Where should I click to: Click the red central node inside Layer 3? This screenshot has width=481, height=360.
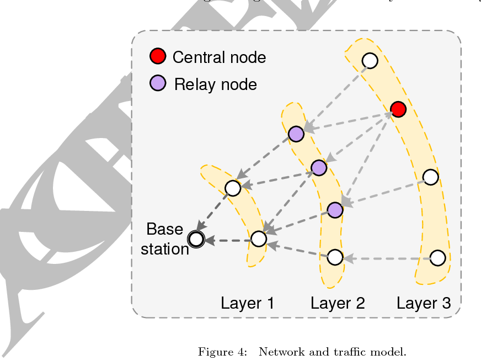click(x=398, y=109)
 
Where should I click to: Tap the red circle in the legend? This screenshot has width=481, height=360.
click(x=158, y=56)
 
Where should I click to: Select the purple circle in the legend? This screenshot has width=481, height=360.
click(x=158, y=83)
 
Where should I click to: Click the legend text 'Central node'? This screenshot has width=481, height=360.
click(x=219, y=57)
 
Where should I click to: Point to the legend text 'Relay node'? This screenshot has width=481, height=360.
click(x=215, y=84)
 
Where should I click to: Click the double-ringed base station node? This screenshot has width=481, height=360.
click(x=195, y=239)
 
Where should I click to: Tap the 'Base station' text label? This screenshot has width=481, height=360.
click(x=164, y=239)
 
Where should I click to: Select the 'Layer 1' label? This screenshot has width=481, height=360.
click(x=247, y=303)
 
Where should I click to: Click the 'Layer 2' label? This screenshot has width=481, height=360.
click(x=338, y=303)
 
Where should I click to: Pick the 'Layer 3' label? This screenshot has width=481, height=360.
click(x=424, y=303)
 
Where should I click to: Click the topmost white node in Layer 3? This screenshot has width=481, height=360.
click(x=370, y=60)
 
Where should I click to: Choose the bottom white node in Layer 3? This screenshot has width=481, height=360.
click(x=437, y=258)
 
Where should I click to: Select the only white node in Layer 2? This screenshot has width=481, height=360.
click(x=335, y=257)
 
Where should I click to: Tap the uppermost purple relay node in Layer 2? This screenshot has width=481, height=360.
click(x=296, y=134)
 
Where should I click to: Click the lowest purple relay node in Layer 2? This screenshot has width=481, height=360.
click(x=335, y=209)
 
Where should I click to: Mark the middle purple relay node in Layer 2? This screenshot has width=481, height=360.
click(x=319, y=167)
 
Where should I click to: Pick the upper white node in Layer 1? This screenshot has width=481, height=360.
click(x=233, y=188)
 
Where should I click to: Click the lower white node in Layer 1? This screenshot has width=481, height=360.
click(x=259, y=239)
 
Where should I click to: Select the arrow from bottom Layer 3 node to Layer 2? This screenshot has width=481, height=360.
click(x=386, y=258)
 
